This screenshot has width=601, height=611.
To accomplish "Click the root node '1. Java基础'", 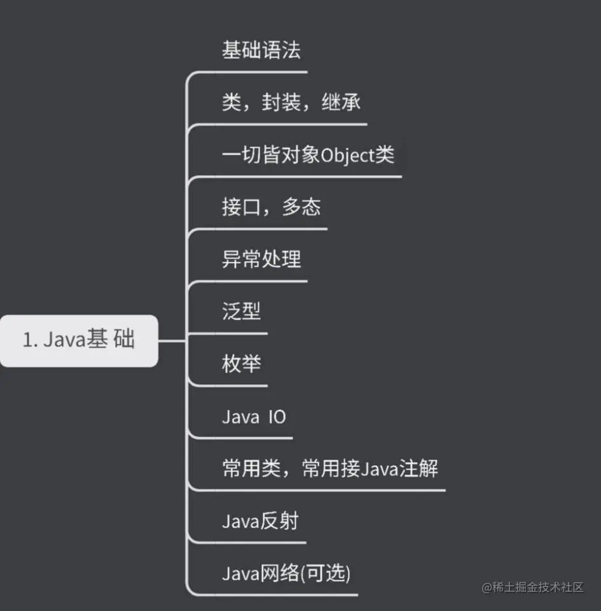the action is point(79,340).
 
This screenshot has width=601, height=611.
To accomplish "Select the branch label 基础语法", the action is point(261,50).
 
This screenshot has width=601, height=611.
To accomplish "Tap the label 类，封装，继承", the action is point(292,102).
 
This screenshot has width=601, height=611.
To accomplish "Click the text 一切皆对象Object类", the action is point(308,155).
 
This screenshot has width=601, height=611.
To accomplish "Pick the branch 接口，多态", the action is point(271,207).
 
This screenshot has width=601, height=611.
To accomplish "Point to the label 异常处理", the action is point(261,259).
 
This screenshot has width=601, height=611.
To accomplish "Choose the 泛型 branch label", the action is point(241,311).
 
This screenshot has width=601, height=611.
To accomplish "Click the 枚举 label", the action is point(241,364).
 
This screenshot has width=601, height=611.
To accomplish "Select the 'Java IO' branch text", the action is point(254,417).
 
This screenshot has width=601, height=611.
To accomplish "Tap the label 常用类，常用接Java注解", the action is point(329,469).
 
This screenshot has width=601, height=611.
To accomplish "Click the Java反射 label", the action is point(260,521).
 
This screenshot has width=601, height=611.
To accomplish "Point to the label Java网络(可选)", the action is point(286,573).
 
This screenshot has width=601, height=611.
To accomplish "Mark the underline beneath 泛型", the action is point(229,333).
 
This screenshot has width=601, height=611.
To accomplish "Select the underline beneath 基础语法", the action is point(254,72).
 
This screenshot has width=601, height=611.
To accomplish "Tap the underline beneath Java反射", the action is point(254,542).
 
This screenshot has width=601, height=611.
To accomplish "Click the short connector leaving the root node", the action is point(171,341).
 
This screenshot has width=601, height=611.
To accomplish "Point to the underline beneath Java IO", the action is point(248,438).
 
